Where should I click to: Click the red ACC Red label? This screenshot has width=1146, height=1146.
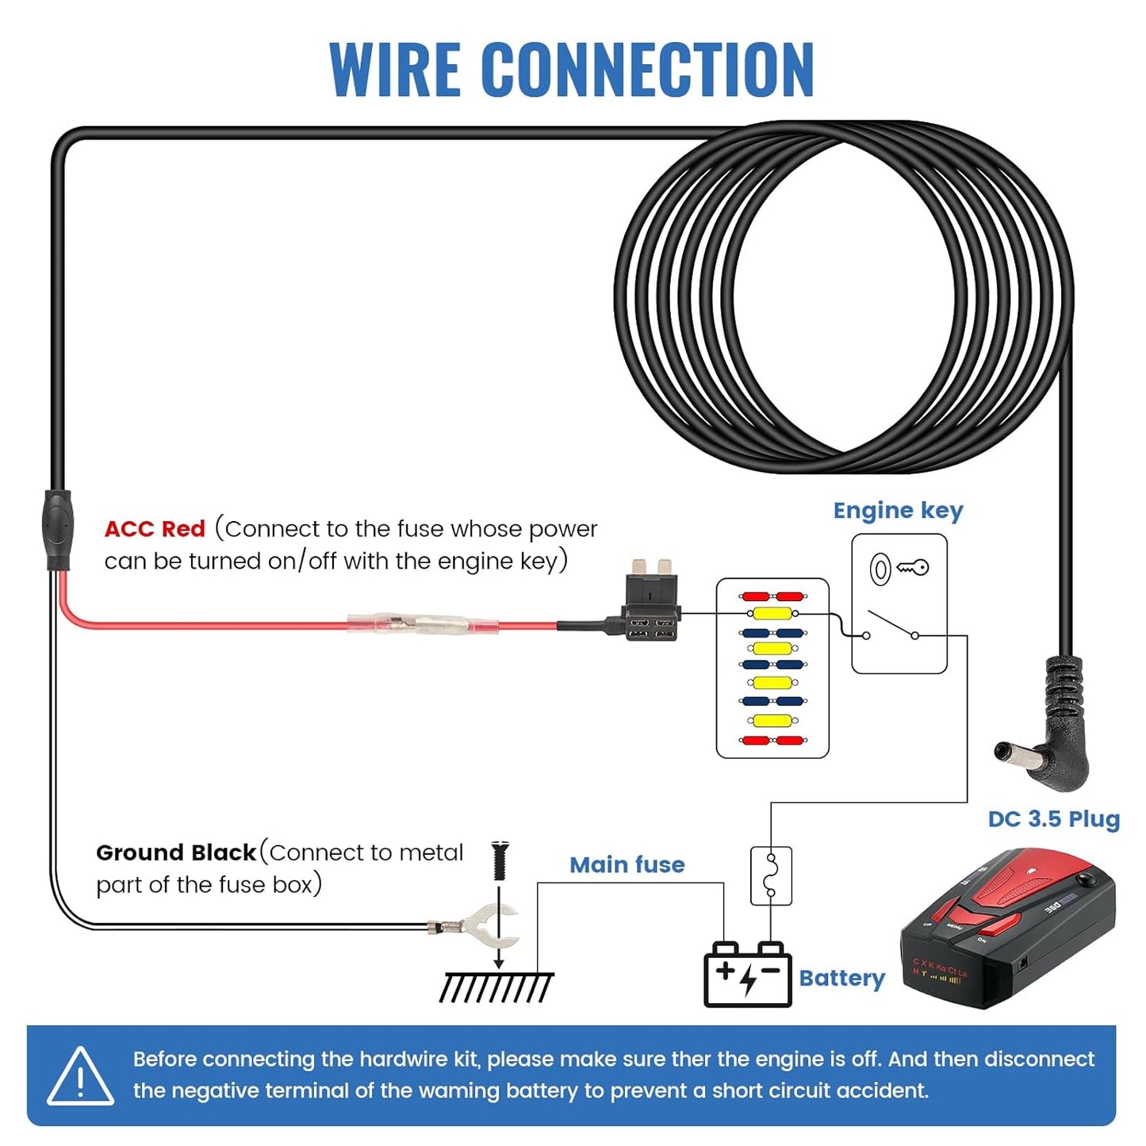[155, 529]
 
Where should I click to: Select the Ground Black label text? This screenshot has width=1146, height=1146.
[176, 853]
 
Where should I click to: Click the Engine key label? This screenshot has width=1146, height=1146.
[898, 511]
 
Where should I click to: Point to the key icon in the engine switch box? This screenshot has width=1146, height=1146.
[912, 568]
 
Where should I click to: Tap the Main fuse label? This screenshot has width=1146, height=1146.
[627, 864]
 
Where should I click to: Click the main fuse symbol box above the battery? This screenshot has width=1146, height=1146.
[771, 876]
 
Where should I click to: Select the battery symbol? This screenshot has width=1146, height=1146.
[747, 975]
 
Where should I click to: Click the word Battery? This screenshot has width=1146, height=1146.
[841, 978]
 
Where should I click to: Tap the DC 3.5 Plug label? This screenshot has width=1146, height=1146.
[1053, 819]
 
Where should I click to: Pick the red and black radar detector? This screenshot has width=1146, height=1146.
[1009, 928]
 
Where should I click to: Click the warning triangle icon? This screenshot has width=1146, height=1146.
[80, 1077]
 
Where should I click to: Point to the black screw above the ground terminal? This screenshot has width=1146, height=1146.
[500, 860]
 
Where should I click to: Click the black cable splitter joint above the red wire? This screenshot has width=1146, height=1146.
[57, 529]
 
